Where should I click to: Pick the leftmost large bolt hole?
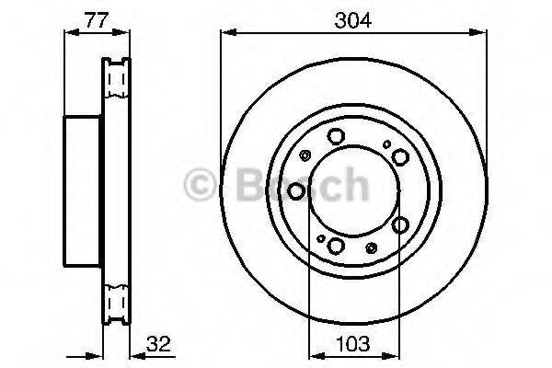coord(296,190)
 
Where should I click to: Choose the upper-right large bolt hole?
coord(400,156)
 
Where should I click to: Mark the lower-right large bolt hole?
coord(400,224)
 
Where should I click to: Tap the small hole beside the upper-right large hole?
coord(387,144)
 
